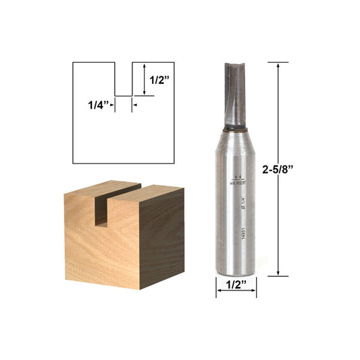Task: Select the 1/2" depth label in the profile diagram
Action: point(159,80)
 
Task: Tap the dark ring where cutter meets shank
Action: point(236,126)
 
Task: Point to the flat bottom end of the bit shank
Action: point(236,274)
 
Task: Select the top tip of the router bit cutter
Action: point(236,64)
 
